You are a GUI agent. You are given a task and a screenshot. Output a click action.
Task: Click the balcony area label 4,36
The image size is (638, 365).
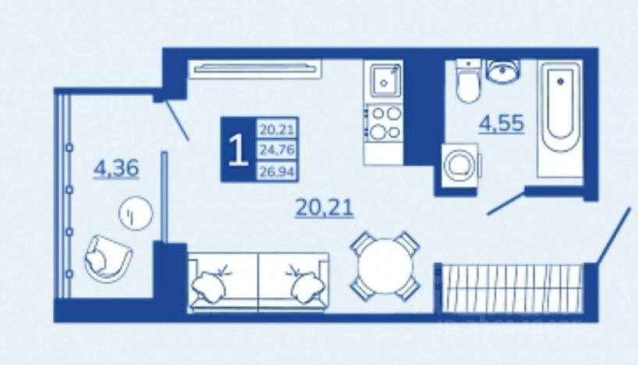pos(115,168)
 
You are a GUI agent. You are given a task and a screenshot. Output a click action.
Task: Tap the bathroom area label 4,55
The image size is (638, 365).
pos(501,123)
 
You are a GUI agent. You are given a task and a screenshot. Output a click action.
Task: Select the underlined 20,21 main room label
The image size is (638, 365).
pos(325,207)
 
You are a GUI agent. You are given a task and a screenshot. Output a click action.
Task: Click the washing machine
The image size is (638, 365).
pos(459,165)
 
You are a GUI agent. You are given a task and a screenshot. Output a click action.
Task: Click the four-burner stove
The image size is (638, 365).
pos(384,122)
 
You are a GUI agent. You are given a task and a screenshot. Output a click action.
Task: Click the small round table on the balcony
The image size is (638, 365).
pos(135,212)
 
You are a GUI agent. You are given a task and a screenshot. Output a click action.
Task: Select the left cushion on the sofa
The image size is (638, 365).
pos(211,282)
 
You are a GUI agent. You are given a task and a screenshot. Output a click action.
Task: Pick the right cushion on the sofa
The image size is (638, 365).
pos(303,282)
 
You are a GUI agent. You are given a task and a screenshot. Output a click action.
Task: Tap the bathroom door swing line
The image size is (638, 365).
pos(505,202)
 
